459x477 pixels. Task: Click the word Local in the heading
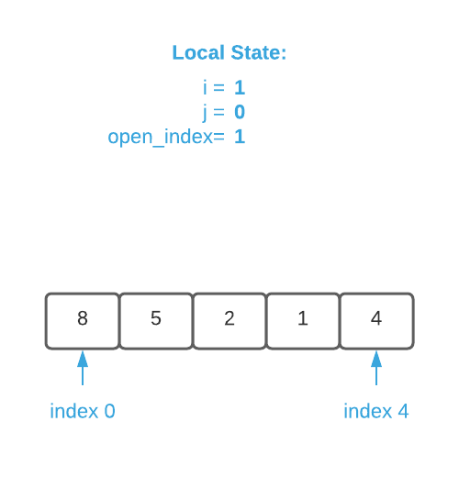tap(197, 53)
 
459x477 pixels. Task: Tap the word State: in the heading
tap(257, 53)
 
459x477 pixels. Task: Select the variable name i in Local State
tap(205, 88)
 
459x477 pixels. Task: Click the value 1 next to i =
tap(240, 88)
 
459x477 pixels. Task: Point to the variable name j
tap(205, 113)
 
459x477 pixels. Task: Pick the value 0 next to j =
tap(240, 113)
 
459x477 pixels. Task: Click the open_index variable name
tap(160, 138)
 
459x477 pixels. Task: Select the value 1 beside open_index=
tap(240, 138)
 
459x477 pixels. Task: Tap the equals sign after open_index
tap(218, 138)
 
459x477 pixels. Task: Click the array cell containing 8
tap(83, 320)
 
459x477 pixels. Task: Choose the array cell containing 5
tap(156, 320)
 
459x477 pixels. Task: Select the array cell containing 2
tap(229, 320)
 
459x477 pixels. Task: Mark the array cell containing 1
tap(303, 320)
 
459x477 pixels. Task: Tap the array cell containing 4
tap(376, 320)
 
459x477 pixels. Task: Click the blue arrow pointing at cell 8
tap(83, 368)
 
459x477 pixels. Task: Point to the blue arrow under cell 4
tap(376, 368)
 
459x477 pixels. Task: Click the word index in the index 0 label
tap(74, 411)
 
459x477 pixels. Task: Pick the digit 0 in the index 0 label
tap(110, 411)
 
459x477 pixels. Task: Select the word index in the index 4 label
tap(368, 411)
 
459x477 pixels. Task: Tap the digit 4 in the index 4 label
tap(403, 411)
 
